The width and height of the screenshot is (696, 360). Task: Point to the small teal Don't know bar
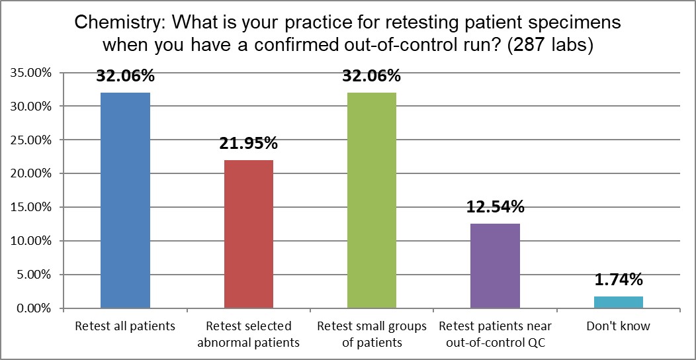(619, 302)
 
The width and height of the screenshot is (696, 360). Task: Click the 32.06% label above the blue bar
(126, 77)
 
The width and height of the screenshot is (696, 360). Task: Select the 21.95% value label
(249, 144)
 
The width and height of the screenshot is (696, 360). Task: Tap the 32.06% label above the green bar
(372, 77)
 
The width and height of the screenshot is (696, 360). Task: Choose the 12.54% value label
(496, 207)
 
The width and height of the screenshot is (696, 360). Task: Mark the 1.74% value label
(619, 280)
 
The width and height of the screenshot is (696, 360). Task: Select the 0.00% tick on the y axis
(33, 308)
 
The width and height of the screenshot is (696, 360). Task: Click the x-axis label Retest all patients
(125, 326)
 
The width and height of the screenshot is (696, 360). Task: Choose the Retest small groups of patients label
(372, 334)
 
